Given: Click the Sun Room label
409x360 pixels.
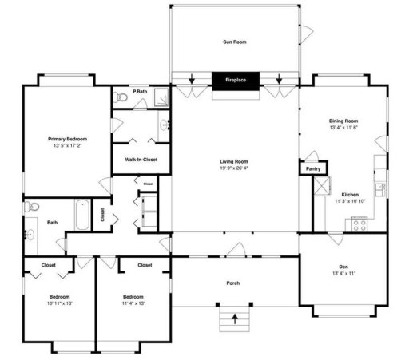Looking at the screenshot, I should pos(234,42).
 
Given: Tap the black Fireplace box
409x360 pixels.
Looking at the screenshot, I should pos(235,80).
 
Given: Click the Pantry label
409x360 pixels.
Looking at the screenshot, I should pos(313,169).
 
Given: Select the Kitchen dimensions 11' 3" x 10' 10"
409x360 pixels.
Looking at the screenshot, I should pos(349,201).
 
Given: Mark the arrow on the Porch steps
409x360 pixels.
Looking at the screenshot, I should pos(234,318).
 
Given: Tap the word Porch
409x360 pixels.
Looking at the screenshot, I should pos(234,283).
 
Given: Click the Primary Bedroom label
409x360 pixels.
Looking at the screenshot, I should pos(67,139).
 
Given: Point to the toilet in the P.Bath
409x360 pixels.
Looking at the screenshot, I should pos(119,97).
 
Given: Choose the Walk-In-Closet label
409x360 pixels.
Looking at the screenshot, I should pos(141,160).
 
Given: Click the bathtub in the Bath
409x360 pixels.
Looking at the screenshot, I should pos(83,215).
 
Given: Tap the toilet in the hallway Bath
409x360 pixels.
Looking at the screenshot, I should pos(32,208).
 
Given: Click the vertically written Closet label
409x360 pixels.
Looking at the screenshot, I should pos(102,215).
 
